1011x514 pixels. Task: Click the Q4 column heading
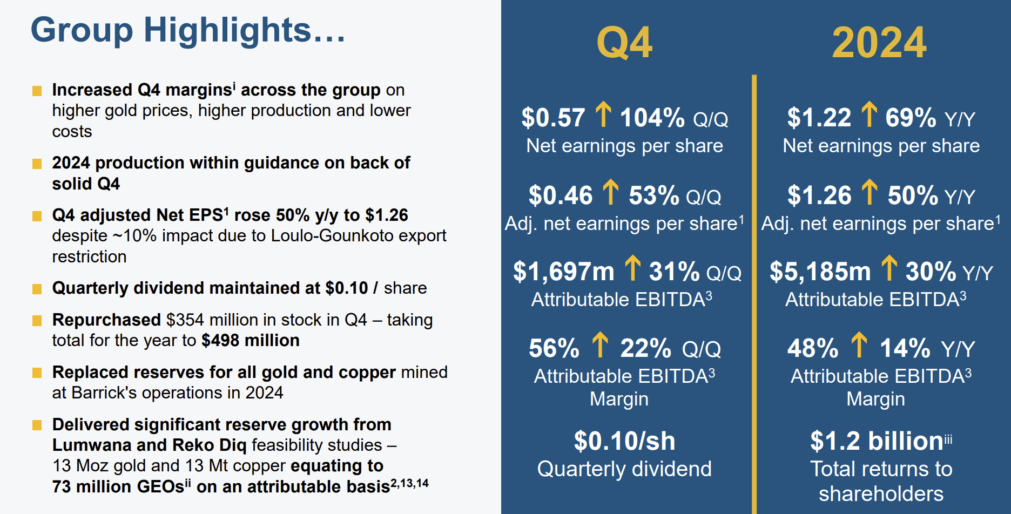(x=624, y=43)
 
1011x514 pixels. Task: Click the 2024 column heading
(x=879, y=43)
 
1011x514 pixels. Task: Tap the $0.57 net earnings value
(x=553, y=117)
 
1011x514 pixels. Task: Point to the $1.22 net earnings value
(x=819, y=117)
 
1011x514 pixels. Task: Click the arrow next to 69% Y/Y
(x=869, y=114)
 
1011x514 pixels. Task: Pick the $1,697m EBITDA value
(x=563, y=271)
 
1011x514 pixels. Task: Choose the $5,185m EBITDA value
(x=820, y=271)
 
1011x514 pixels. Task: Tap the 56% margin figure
(x=554, y=348)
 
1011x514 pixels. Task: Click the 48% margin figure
(x=812, y=348)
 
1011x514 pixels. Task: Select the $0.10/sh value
(x=624, y=441)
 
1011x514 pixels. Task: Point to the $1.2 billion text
(x=877, y=441)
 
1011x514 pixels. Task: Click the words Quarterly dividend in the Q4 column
(x=624, y=469)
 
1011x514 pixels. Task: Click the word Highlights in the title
(x=227, y=30)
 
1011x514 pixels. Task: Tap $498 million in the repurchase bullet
(x=251, y=340)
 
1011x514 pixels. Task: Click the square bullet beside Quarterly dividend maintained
(x=37, y=289)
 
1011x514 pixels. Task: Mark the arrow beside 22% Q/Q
(x=600, y=345)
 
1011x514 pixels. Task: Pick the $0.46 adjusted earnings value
(x=561, y=195)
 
